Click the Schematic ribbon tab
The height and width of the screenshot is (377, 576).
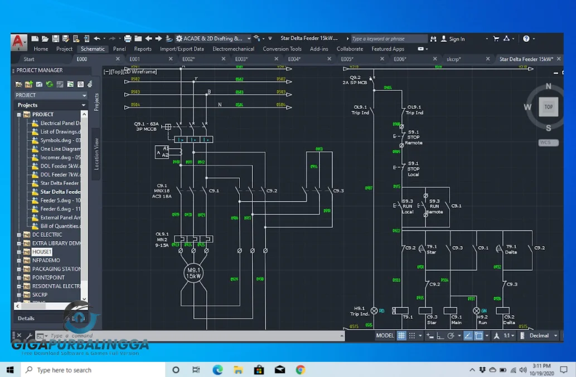coord(93,49)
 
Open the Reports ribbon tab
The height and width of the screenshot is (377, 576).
coord(143,49)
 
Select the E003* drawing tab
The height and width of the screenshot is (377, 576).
coord(241,59)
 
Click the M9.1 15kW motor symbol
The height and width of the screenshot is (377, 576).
coord(193,273)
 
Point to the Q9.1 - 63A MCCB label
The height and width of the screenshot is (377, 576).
coord(146,126)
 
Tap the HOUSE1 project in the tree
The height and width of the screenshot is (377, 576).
coord(42,252)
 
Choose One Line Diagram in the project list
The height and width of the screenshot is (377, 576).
coord(60,149)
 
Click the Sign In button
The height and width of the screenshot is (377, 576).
coord(456,39)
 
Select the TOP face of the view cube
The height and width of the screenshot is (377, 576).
coord(548,107)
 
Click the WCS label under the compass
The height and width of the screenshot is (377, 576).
coord(545,143)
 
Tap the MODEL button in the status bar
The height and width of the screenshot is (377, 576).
coord(385,336)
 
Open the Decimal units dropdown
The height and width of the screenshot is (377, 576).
coord(542,336)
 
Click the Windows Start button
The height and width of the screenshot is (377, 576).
coord(10,370)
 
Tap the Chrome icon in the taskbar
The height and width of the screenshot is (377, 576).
coord(301,370)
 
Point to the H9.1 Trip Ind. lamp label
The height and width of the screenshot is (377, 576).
coord(360,311)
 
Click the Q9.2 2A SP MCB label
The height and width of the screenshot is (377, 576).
coord(355,80)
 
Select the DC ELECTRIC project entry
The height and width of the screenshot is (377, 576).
coord(47,234)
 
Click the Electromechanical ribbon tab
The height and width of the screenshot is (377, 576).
coord(233,49)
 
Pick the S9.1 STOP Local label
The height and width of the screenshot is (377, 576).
coord(413,169)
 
